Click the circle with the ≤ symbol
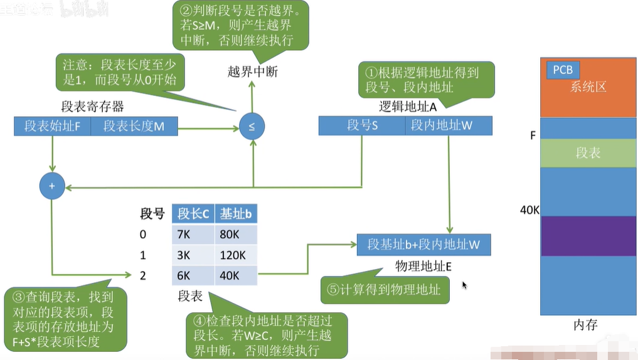point(252,127)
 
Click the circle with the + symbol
point(52,186)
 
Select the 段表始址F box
point(52,126)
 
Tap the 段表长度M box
point(134,126)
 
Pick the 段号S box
point(362,126)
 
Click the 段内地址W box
point(449,126)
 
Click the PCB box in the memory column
point(563,70)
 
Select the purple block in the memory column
point(588,236)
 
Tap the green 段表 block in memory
point(588,152)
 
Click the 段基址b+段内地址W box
point(423,245)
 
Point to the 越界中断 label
point(252,72)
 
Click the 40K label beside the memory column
point(529,209)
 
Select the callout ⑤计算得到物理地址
point(385,290)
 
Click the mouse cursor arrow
point(464,285)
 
